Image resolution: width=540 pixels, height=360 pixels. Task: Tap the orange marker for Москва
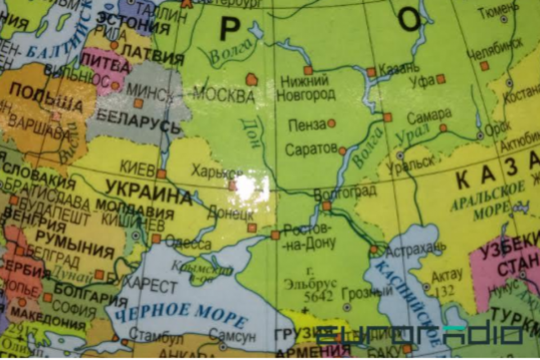(x=252, y=80)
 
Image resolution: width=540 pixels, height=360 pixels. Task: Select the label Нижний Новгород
(x=306, y=88)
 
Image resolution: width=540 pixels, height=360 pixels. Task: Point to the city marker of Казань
(x=371, y=72)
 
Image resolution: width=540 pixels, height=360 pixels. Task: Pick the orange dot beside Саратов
(x=342, y=151)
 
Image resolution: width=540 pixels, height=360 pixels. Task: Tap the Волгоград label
(x=345, y=193)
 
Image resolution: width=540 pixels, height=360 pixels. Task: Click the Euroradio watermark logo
(x=418, y=335)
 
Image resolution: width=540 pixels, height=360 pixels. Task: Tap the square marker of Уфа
(x=441, y=79)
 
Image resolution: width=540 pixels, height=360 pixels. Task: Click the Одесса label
(x=188, y=244)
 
